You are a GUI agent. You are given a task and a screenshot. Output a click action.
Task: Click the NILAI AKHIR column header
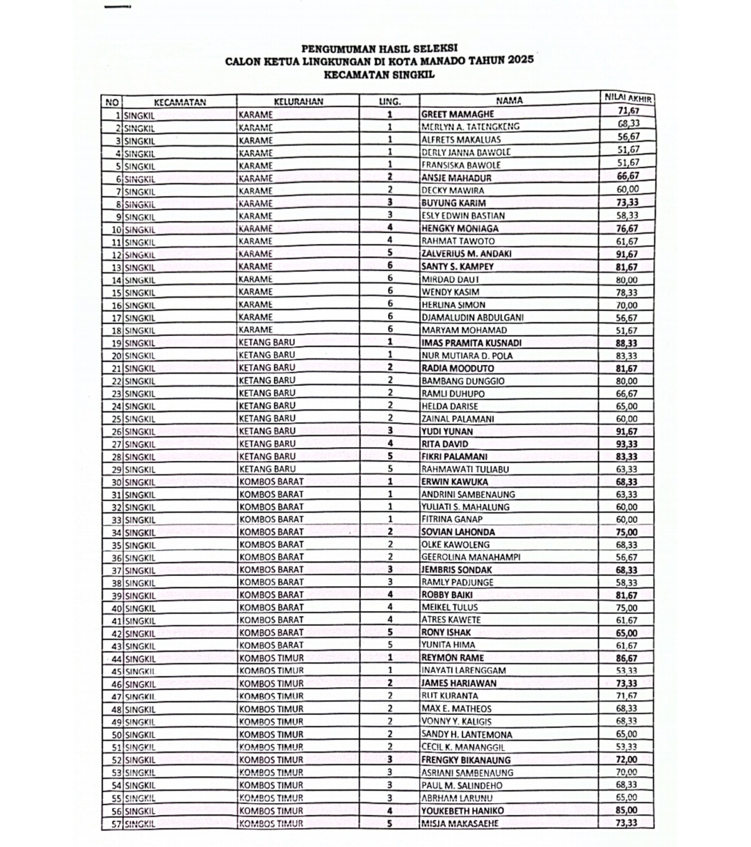click(x=627, y=98)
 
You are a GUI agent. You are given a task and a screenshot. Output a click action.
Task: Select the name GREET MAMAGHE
click(x=458, y=114)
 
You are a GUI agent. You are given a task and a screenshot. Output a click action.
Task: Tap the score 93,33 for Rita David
click(x=627, y=443)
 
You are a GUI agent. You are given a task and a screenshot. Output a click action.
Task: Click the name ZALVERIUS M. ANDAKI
click(x=466, y=254)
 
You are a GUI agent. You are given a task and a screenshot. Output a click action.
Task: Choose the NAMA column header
click(x=509, y=101)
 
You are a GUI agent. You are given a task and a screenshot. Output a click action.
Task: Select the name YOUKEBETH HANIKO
click(x=462, y=811)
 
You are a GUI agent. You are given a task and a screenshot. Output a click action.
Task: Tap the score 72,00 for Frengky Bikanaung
click(x=627, y=759)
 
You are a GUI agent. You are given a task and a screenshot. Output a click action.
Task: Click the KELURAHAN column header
click(x=298, y=102)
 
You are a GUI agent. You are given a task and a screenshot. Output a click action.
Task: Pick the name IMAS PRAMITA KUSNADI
click(x=471, y=343)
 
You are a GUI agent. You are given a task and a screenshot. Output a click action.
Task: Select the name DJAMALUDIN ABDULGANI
click(x=472, y=317)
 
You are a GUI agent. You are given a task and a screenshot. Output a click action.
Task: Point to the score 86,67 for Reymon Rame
click(x=627, y=658)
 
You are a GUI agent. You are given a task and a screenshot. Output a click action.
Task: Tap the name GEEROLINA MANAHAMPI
click(x=471, y=557)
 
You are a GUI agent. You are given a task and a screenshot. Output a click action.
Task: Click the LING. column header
click(x=389, y=102)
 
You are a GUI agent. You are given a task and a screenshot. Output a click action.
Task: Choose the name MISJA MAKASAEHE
click(x=460, y=823)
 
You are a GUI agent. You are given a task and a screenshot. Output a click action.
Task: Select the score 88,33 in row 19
click(x=627, y=343)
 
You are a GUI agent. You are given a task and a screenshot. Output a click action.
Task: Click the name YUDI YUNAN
click(x=447, y=431)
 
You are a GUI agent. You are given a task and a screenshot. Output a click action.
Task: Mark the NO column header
click(x=111, y=102)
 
